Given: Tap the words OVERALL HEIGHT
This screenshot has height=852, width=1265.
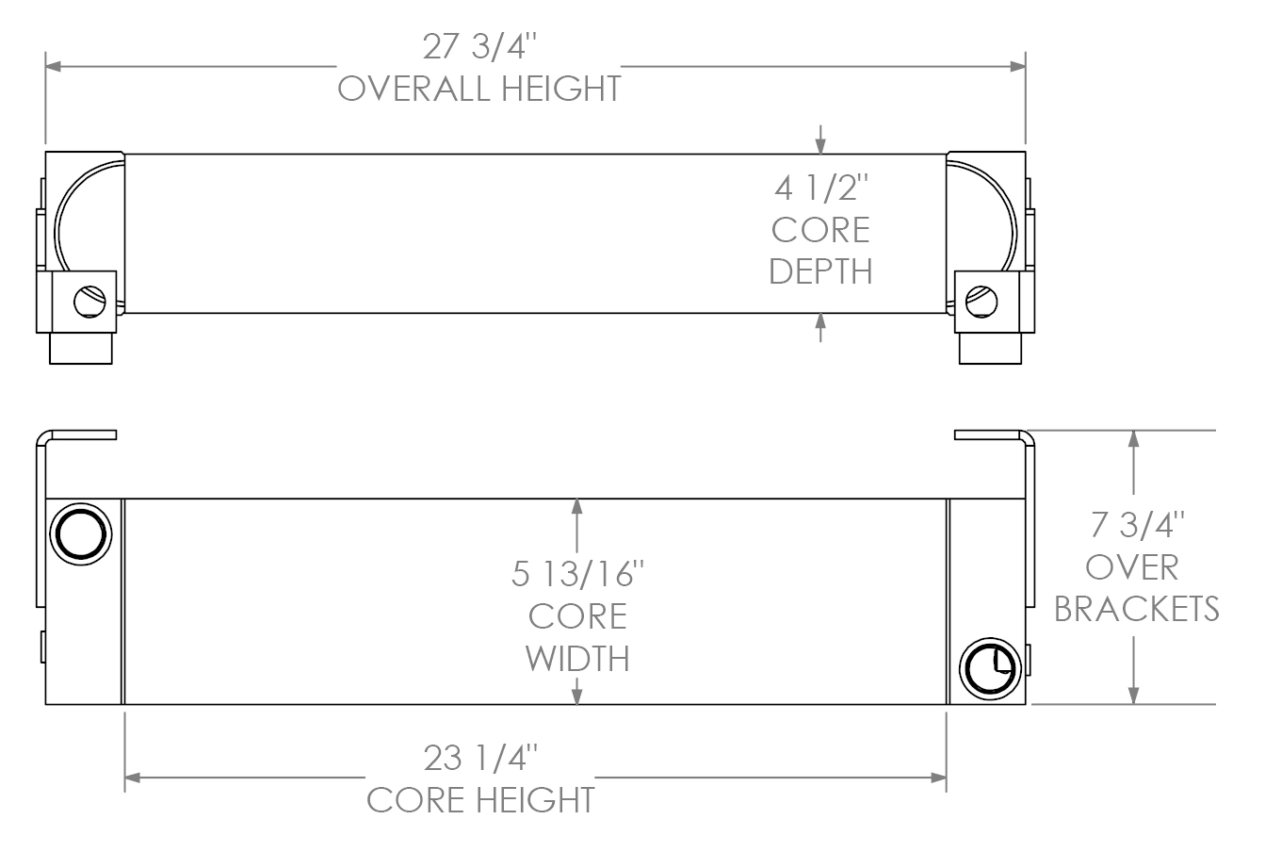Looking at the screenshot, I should pos(479,89).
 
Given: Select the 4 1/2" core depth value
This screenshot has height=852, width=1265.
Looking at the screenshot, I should pos(820,189).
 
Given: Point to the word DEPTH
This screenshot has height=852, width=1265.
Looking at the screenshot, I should pos(820,271).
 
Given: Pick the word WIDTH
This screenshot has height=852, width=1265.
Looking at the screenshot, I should pos(577,657).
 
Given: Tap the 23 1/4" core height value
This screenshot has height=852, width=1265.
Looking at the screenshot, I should pos(480,759).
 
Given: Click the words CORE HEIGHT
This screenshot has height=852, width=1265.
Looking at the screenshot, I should pos(480,800).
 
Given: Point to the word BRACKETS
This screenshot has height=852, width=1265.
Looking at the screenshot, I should pos(1137,609).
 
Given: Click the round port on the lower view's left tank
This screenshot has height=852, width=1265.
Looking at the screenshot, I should pos(81,534).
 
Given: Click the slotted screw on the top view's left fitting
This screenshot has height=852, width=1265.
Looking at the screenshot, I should pos(89,302).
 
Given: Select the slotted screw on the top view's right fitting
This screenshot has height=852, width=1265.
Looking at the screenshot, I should pos(982,302).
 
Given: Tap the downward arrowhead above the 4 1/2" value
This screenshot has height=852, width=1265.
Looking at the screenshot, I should pos(820,145).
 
